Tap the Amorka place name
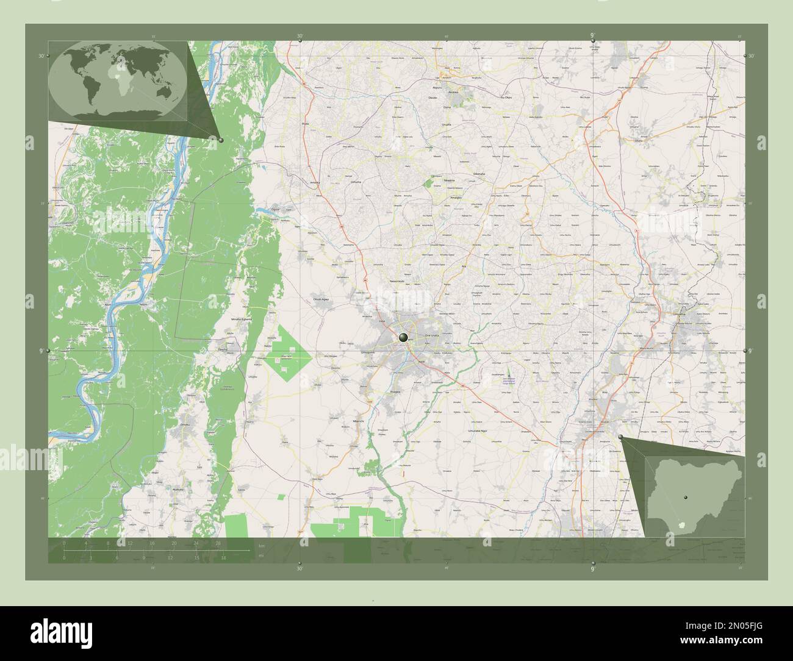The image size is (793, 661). (x=315, y=182)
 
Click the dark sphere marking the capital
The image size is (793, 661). (x=403, y=337)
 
